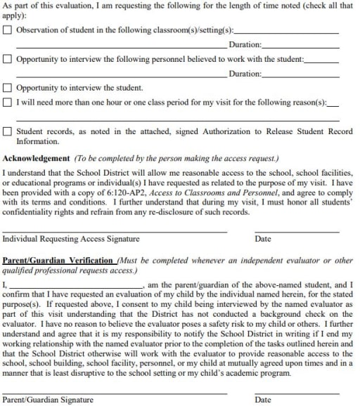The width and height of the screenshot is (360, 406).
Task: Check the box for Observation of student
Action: tap(8, 30)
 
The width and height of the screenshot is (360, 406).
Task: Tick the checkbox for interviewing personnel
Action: tap(8, 60)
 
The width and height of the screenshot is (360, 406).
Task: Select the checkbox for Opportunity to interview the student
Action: tap(8, 89)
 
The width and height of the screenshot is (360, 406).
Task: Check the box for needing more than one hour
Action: tap(8, 103)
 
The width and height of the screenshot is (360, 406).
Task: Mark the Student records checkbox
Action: tap(8, 131)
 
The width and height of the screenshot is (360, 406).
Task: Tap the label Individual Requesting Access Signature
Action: tap(70, 239)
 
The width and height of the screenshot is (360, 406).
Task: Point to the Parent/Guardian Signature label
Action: tap(48, 400)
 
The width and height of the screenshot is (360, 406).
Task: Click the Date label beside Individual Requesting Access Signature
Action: tap(263, 239)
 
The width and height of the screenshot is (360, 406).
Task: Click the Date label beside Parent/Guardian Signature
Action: tap(263, 400)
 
